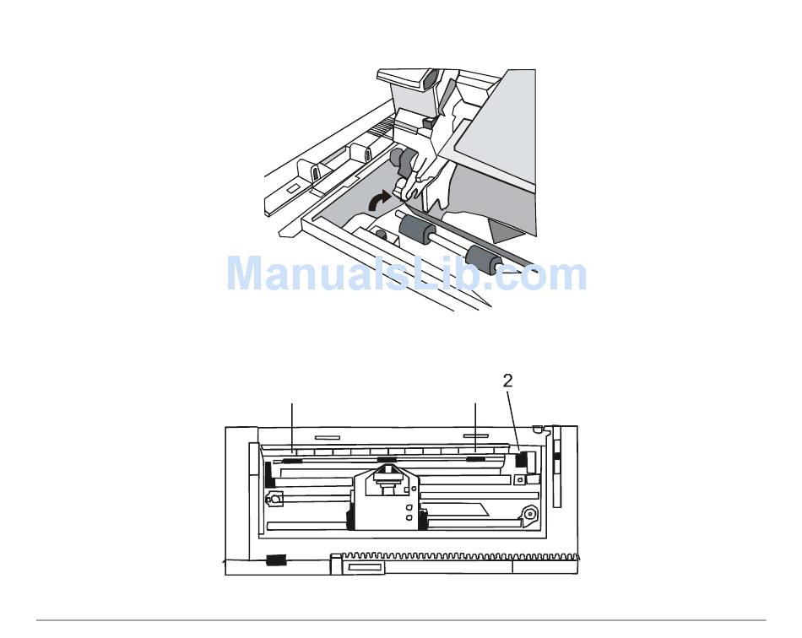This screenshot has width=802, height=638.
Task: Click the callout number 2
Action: [x=507, y=381]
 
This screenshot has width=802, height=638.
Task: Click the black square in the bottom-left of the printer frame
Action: [x=275, y=560]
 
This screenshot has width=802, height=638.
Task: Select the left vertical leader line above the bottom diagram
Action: [x=292, y=426]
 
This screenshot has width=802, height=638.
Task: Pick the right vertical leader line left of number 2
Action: [x=475, y=426]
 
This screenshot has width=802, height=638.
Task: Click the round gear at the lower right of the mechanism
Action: [x=529, y=514]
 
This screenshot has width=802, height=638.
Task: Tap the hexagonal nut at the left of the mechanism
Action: [x=274, y=499]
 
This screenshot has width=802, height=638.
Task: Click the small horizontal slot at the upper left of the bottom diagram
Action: [x=326, y=438]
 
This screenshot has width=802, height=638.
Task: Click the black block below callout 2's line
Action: [x=521, y=459]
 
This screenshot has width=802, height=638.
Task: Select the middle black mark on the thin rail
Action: [x=387, y=461]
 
